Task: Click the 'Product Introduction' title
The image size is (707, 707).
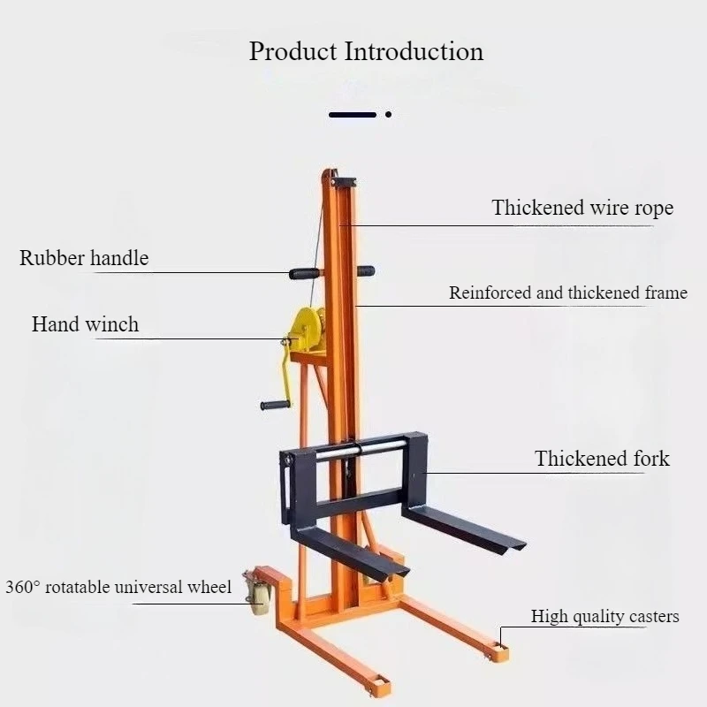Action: pos(366,51)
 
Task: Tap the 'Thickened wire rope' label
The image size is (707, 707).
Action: pos(582,208)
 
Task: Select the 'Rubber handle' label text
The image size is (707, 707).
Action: pos(84,258)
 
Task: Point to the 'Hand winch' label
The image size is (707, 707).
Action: pos(85,324)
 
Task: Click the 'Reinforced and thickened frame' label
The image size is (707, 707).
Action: pos(568,293)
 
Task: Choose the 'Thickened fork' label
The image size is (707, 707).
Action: pos(602,459)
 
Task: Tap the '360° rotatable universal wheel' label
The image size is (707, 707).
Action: pos(118,587)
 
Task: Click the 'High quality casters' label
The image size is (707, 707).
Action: pos(604,616)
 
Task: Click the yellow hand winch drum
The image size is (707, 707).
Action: pos(307,329)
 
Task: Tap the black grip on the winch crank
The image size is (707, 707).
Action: pos(275,405)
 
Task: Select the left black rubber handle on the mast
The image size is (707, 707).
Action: pos(304,273)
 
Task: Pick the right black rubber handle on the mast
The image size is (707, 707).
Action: pos(366,271)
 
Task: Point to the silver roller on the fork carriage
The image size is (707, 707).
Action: pos(361,451)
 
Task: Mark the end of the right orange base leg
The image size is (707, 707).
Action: pos(500,652)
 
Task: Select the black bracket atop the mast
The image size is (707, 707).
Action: pos(344,182)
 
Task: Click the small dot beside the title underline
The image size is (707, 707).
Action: pos(388,115)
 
